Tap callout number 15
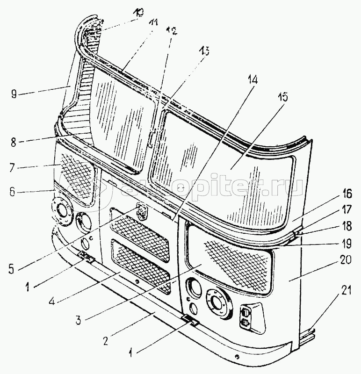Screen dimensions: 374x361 [x=282, y=98]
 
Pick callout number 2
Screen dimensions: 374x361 [x=106, y=340]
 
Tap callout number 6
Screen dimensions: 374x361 [x=13, y=191]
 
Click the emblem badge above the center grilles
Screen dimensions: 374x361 [x=141, y=211]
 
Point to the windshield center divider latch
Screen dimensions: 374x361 [x=150, y=139]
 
